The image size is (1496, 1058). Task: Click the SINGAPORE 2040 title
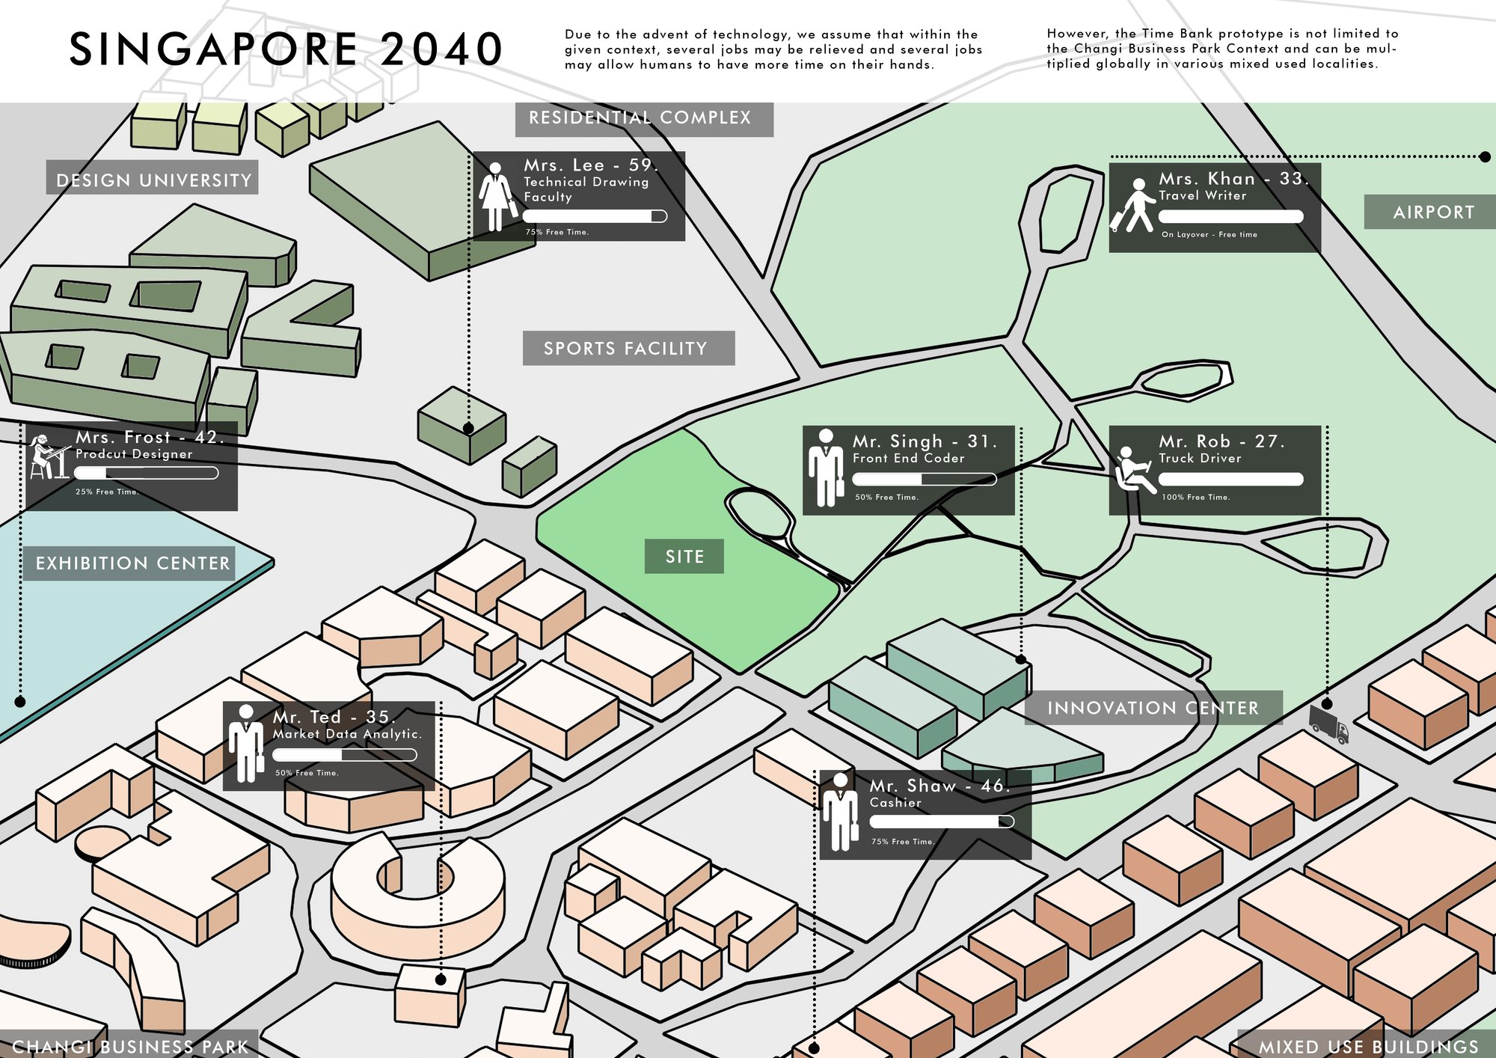pos(286,49)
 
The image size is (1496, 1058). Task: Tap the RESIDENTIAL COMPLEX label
pos(640,118)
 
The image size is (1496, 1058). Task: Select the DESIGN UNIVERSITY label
pos(154,180)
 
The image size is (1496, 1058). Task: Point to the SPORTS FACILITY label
pos(625,349)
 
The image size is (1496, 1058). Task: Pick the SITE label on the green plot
pos(684,557)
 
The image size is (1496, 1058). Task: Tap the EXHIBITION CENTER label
pos(133,563)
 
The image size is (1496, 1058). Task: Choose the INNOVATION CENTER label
pos(1153,708)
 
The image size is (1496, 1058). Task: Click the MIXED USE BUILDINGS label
pos(1369,1047)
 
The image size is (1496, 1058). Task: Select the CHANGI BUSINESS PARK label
pos(130,1047)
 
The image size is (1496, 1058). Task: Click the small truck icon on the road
pos(1329,724)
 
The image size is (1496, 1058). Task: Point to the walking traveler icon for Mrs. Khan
pos(1132,205)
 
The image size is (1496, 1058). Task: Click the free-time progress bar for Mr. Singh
pos(925,479)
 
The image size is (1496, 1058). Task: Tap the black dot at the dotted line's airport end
pos(1485,157)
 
